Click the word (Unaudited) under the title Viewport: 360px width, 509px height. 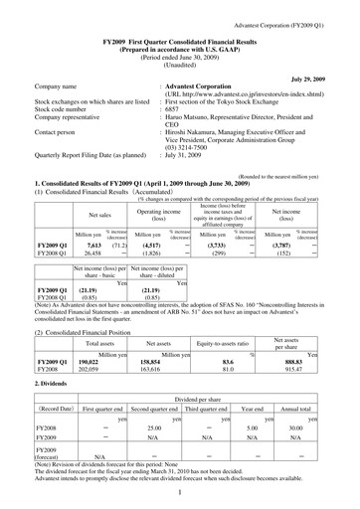tap(179, 54)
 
